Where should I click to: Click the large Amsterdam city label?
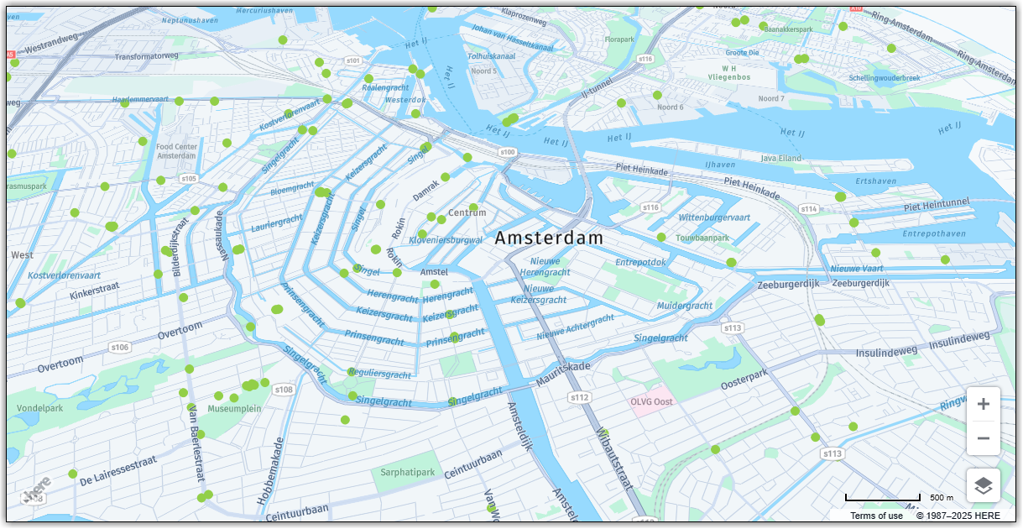coord(549,238)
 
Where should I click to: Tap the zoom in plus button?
coord(984,404)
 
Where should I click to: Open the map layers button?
coord(984,485)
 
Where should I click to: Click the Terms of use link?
coord(876,516)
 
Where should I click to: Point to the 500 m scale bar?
coord(883,499)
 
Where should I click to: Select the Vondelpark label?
coord(39,409)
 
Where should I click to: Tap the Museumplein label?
coord(234,409)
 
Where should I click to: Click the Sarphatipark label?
coord(408,473)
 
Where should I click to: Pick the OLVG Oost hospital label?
coord(652,401)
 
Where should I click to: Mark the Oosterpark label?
coord(745,380)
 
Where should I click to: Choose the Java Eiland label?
coord(780,158)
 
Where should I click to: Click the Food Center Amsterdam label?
coord(176,152)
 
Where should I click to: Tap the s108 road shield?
coord(284,390)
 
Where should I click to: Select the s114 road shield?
coord(808,209)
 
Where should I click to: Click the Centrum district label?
coord(467,213)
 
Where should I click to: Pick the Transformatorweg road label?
coord(147,56)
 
